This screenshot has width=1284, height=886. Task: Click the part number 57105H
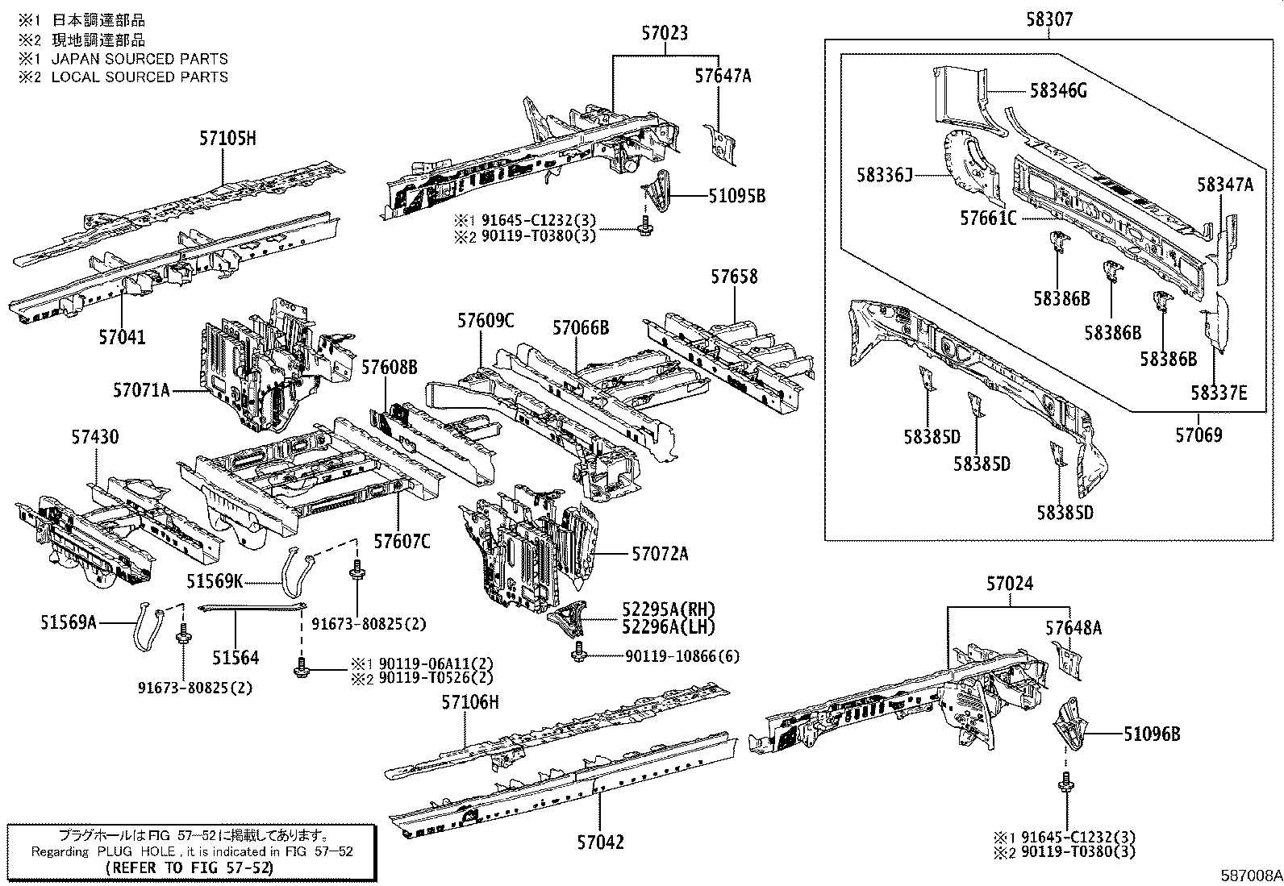click(227, 139)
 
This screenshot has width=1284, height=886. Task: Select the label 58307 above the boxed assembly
click(1049, 19)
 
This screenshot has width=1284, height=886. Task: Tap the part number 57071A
click(141, 391)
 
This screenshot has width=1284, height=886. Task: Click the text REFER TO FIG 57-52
click(191, 867)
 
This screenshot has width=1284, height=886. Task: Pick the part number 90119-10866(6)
click(682, 656)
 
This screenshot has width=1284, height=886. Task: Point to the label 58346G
click(1057, 91)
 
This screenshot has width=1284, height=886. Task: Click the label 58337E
click(1219, 393)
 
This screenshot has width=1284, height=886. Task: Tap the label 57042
click(600, 842)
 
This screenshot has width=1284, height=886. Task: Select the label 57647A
click(723, 76)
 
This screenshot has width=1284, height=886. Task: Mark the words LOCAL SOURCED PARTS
click(140, 77)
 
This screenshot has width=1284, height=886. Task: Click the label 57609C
click(486, 320)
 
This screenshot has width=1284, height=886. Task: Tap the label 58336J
click(884, 174)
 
